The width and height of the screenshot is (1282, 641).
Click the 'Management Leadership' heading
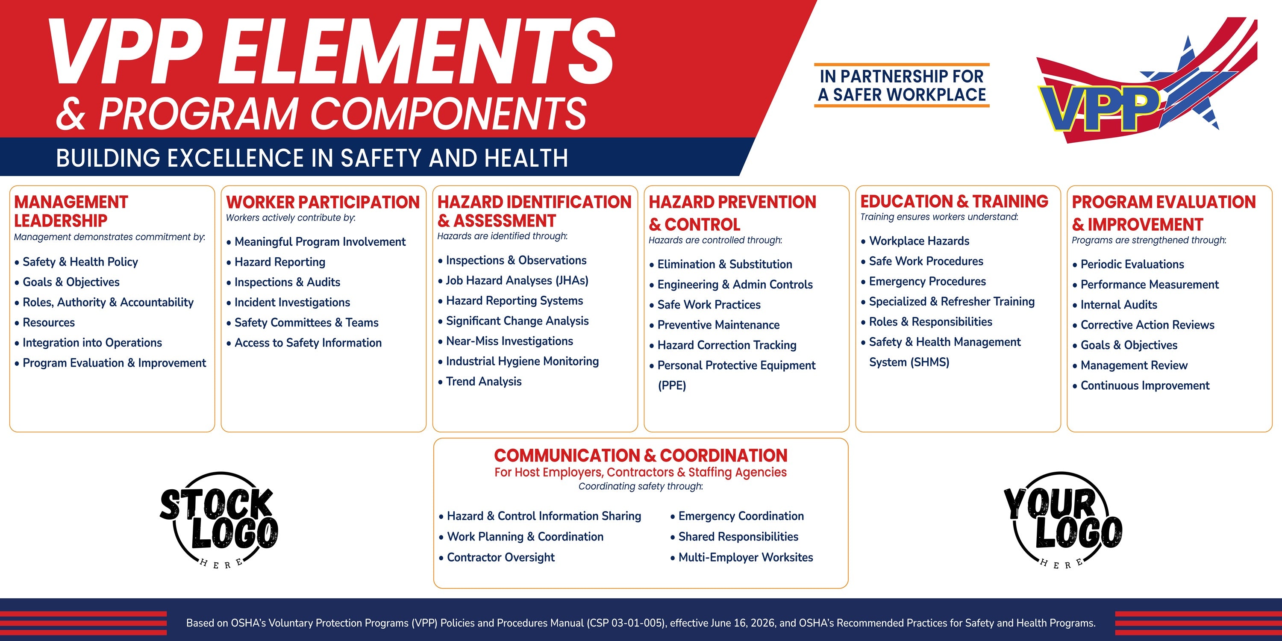point(71,211)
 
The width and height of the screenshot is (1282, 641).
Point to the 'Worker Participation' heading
point(323,202)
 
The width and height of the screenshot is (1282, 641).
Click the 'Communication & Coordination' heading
point(641,456)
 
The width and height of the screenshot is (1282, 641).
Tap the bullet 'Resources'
point(49,323)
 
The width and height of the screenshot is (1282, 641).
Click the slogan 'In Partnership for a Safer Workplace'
point(902,85)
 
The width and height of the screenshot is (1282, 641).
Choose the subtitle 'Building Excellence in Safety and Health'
point(312,158)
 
